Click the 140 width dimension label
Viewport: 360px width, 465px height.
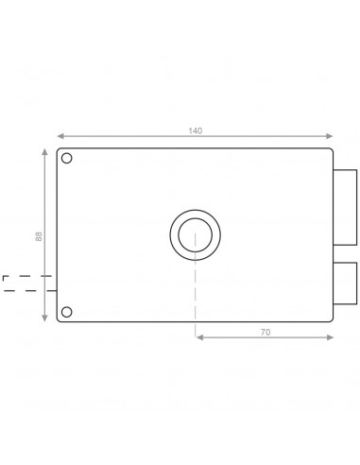[x=196, y=130]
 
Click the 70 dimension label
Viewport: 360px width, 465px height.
[x=265, y=332]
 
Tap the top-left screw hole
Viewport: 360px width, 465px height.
[x=67, y=159]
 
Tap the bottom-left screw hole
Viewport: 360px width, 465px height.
[x=67, y=312]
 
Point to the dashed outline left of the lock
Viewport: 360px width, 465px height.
[x=21, y=282]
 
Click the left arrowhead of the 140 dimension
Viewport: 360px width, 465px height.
[x=60, y=136]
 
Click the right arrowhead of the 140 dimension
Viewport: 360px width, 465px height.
[x=331, y=136]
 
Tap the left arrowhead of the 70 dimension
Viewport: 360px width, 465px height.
[x=198, y=337]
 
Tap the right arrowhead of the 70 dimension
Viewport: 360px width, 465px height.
[x=331, y=337]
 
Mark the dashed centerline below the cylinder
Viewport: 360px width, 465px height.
[x=195, y=293]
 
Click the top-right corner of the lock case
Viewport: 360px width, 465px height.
[x=331, y=150]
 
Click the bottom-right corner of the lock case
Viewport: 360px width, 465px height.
[x=331, y=320]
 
